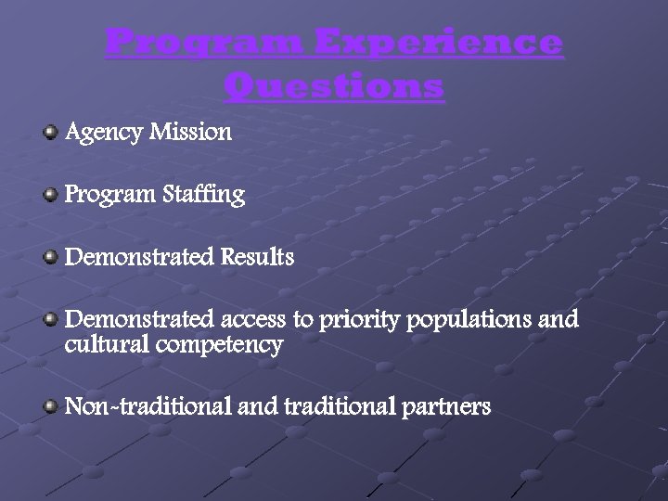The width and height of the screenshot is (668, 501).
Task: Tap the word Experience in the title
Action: pyautogui.click(x=438, y=44)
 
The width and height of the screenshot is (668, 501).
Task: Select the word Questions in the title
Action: pyautogui.click(x=334, y=87)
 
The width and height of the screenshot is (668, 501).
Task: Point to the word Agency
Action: pyautogui.click(x=103, y=133)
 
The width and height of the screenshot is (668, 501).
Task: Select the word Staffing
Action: pyautogui.click(x=204, y=195)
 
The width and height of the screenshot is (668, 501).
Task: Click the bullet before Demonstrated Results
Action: pyautogui.click(x=51, y=256)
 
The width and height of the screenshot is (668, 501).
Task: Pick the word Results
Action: pyautogui.click(x=257, y=257)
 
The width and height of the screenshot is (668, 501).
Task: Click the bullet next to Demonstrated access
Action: pyautogui.click(x=51, y=319)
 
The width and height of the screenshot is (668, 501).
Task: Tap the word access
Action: pyautogui.click(x=254, y=320)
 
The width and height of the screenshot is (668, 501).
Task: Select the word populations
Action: pyautogui.click(x=469, y=321)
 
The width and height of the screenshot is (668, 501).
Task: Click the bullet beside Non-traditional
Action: pyautogui.click(x=51, y=406)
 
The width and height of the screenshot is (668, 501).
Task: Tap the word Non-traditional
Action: pyautogui.click(x=148, y=406)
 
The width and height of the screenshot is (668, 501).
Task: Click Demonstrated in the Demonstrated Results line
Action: pyautogui.click(x=139, y=257)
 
